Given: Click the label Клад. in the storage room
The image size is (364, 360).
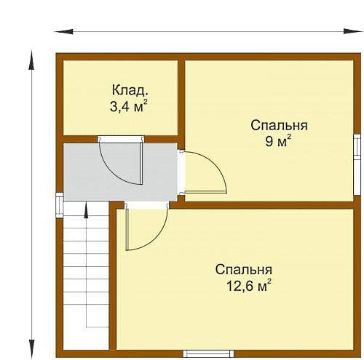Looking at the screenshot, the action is (x=130, y=91).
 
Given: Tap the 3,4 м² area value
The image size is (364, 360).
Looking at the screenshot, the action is (x=129, y=106).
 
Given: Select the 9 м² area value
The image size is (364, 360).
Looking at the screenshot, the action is (x=278, y=140).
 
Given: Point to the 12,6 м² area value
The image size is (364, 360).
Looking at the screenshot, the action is (x=249, y=285).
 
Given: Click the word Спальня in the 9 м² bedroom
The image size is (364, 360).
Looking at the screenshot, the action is (x=279, y=126).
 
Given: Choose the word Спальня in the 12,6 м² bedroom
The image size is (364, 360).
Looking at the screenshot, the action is (x=244, y=269).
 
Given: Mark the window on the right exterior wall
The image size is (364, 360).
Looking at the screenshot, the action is (x=357, y=164).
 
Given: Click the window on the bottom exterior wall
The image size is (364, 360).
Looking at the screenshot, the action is (x=208, y=353).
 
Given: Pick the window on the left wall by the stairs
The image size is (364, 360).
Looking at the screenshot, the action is (x=60, y=205).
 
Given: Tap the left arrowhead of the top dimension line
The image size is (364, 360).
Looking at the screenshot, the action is (x=63, y=31).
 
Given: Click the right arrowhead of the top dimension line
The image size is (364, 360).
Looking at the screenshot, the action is (x=353, y=31).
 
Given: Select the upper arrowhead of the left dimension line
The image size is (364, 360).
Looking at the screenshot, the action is (x=31, y=60).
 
